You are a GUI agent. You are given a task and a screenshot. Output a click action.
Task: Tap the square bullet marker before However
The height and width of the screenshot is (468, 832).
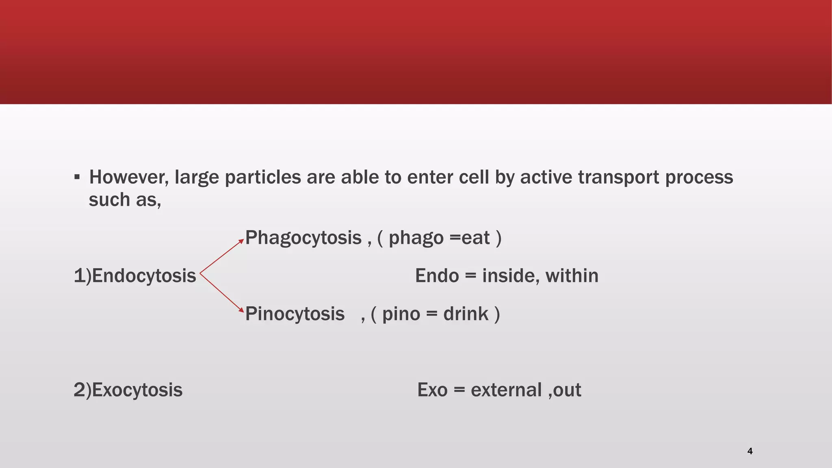pyautogui.click(x=77, y=177)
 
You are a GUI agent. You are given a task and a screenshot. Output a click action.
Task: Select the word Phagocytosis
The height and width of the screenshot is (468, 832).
pyautogui.click(x=303, y=238)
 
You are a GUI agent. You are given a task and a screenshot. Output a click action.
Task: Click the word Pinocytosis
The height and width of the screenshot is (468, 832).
pyautogui.click(x=295, y=314)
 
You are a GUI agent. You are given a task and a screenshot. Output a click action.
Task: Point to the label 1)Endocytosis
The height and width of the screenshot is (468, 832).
pyautogui.click(x=135, y=276)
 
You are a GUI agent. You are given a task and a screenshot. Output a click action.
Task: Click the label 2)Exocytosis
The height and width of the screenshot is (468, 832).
pyautogui.click(x=128, y=390)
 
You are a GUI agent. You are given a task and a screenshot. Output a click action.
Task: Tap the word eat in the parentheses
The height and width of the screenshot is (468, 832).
pyautogui.click(x=475, y=238)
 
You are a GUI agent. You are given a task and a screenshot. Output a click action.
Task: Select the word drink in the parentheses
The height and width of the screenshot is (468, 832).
pyautogui.click(x=466, y=314)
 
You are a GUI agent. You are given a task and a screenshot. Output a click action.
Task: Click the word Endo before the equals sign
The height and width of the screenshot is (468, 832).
pyautogui.click(x=437, y=276)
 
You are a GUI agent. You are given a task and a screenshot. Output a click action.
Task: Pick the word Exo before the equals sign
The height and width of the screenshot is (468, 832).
pyautogui.click(x=432, y=390)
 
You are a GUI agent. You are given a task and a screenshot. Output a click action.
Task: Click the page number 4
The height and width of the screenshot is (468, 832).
pyautogui.click(x=750, y=451)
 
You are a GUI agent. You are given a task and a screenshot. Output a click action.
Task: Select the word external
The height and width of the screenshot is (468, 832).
pyautogui.click(x=506, y=390)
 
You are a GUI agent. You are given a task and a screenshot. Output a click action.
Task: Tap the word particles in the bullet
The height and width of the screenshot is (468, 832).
pyautogui.click(x=262, y=178)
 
